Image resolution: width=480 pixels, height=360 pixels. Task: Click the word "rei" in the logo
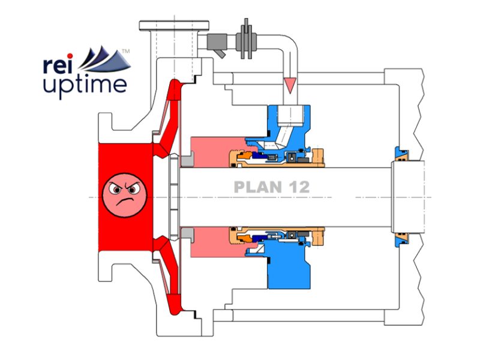pyautogui.click(x=59, y=64)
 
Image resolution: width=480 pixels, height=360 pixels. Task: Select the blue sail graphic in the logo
pyautogui.click(x=104, y=60)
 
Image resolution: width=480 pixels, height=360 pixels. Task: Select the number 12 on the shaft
pyautogui.click(x=298, y=187)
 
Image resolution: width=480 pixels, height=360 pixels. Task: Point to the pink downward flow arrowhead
pyautogui.click(x=291, y=86)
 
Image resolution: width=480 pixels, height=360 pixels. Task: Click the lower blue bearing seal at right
pyautogui.click(x=400, y=239)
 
